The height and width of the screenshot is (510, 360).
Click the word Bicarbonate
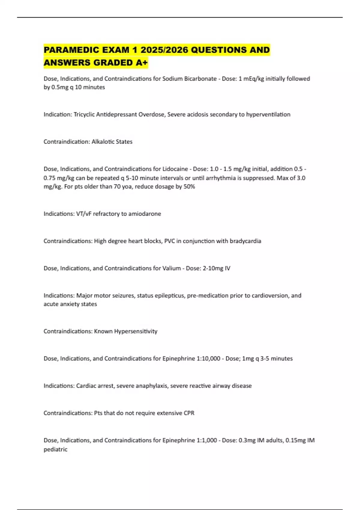200,79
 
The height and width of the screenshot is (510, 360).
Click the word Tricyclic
84,114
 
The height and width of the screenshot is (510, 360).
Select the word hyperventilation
268,114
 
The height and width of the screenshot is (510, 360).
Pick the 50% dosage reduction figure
189,187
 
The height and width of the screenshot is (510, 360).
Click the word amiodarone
145,214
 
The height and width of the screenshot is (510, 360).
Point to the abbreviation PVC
169,241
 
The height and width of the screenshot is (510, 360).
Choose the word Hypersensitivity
136,331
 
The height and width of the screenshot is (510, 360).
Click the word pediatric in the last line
55,449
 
